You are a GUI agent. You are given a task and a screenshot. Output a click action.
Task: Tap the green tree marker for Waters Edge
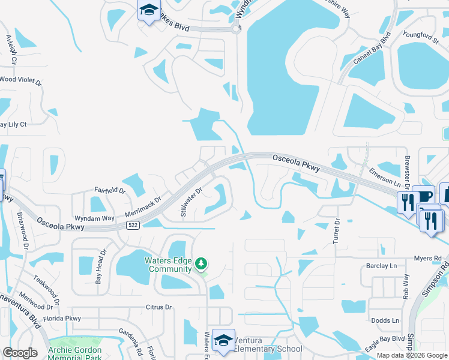coord(202,263)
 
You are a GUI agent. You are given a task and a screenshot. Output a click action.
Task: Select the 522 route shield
coord(133,225)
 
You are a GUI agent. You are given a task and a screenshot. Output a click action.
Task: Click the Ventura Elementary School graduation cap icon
coord(223,340)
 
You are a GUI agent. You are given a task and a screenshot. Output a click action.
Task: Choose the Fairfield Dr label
coord(110,190)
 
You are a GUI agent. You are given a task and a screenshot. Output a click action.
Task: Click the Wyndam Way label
coord(94,218)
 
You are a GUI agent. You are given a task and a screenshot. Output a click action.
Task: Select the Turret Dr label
coord(336,230)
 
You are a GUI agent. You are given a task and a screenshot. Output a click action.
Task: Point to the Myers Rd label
coord(427,258)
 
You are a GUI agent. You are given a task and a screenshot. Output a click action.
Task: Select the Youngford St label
coord(421,38)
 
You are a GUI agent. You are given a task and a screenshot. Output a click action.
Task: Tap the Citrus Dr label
coord(159,307)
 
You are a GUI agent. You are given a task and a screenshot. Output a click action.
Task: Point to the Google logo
coord(20,353)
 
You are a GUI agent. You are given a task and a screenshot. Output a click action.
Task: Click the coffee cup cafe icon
coord(425,197)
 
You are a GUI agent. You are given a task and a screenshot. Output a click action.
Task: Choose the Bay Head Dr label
coord(100,267)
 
